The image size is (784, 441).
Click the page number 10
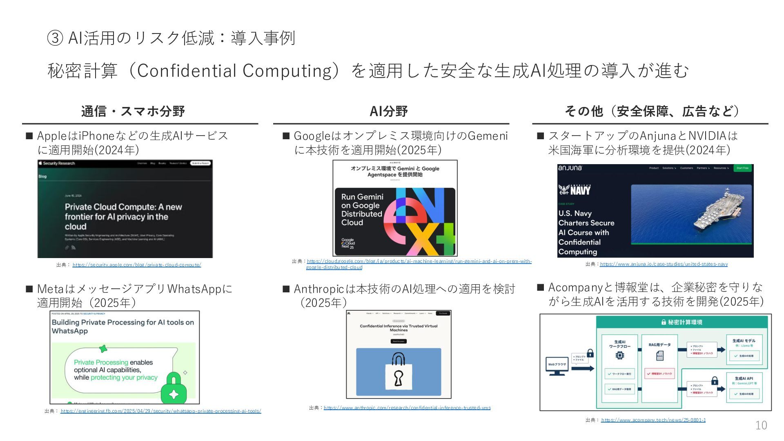[761, 425]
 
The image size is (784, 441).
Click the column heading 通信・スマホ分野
[133, 111]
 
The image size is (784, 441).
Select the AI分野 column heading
[388, 111]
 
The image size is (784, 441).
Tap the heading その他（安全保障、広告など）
[652, 111]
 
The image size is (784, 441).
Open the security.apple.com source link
[137, 265]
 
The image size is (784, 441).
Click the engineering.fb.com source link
[161, 411]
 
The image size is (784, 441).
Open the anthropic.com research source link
[407, 408]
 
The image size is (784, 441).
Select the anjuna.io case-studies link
[664, 264]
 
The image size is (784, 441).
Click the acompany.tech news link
[653, 420]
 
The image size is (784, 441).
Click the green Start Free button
[742, 168]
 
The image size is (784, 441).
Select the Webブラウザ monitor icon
[557, 366]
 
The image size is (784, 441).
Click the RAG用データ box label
[659, 345]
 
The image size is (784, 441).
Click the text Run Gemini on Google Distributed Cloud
[362, 209]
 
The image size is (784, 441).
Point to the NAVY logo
[575, 190]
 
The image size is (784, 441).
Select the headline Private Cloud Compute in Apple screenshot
[123, 216]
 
